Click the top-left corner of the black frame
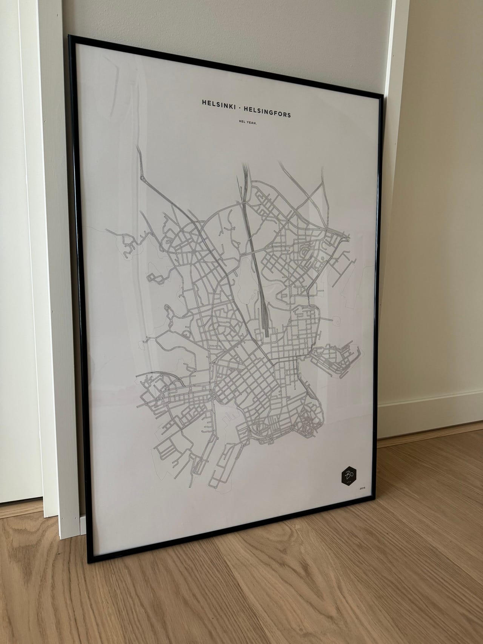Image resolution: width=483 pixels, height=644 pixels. point(69,36)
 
